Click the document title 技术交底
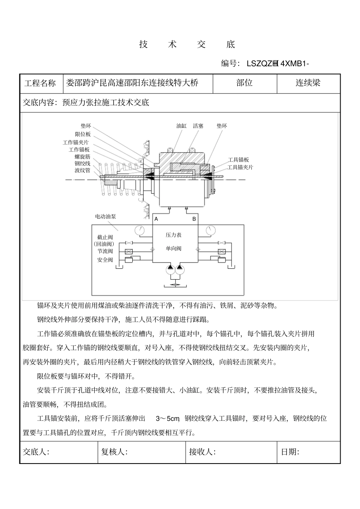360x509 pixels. (x=187, y=44)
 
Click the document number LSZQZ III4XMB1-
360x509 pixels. (x=278, y=63)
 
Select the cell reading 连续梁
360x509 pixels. (x=308, y=83)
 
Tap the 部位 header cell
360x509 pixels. (x=244, y=83)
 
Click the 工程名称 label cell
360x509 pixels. (x=40, y=84)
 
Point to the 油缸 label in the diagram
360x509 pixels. (x=182, y=126)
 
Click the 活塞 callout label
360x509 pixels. (x=198, y=126)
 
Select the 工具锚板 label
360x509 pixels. (x=238, y=160)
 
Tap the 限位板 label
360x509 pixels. (x=83, y=134)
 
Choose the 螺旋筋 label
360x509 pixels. (x=82, y=157)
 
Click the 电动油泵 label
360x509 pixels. (x=105, y=216)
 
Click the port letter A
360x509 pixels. (x=156, y=219)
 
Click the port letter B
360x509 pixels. (x=194, y=219)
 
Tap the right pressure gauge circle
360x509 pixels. (x=209, y=230)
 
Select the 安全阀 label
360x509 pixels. (x=105, y=260)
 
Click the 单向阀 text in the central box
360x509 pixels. (x=174, y=249)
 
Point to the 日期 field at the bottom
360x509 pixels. (x=290, y=452)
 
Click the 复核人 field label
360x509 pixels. (x=114, y=452)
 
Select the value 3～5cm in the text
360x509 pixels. (x=167, y=419)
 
